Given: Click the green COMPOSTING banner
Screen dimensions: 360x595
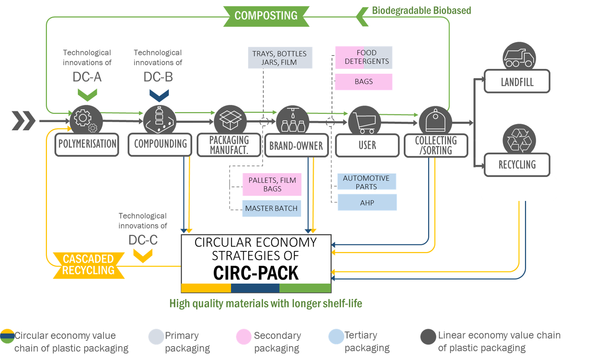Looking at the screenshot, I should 266,16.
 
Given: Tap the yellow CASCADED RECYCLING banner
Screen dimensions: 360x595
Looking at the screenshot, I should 88,265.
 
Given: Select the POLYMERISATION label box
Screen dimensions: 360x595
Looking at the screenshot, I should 87,144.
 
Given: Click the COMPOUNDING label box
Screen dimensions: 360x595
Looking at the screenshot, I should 160,144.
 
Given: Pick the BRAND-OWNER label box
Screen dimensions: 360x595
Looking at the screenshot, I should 296,146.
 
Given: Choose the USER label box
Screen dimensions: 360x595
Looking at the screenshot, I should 367,145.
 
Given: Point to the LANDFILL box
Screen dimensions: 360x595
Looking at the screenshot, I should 517,82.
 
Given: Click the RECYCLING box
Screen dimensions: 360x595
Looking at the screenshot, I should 517,165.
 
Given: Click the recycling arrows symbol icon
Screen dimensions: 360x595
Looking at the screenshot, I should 519,140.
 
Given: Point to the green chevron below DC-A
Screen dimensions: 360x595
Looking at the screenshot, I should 87,95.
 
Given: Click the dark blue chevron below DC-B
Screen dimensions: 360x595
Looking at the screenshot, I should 159,95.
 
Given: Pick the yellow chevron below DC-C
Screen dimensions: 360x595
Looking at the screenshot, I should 143,255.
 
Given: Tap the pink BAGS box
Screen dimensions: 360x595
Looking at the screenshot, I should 364,82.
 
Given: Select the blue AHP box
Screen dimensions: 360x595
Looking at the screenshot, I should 367,203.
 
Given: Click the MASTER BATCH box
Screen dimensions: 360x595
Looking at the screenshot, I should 271,208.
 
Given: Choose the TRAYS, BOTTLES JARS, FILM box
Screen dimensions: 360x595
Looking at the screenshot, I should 280,58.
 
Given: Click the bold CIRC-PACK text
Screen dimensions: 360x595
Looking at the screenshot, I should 256,274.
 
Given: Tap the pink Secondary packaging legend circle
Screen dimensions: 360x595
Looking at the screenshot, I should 244,337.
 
